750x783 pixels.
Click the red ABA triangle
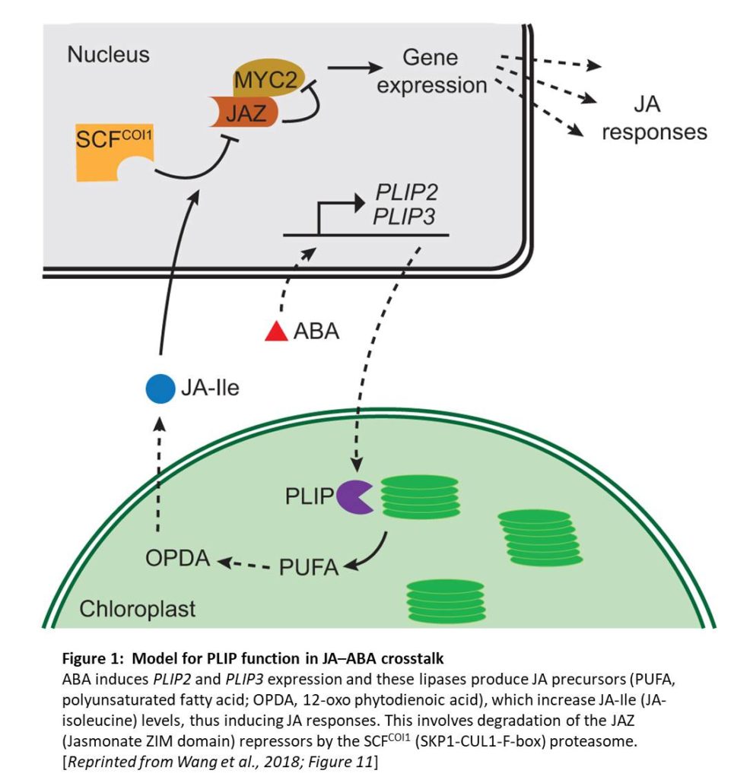tap(275, 332)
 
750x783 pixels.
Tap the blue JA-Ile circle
tap(160, 389)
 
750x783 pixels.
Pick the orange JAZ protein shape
tap(244, 114)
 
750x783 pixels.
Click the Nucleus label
tap(108, 55)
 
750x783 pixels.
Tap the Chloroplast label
tap(138, 609)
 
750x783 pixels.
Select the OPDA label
tap(178, 560)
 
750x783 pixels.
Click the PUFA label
tap(309, 567)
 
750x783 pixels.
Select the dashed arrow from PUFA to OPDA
tap(245, 564)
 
